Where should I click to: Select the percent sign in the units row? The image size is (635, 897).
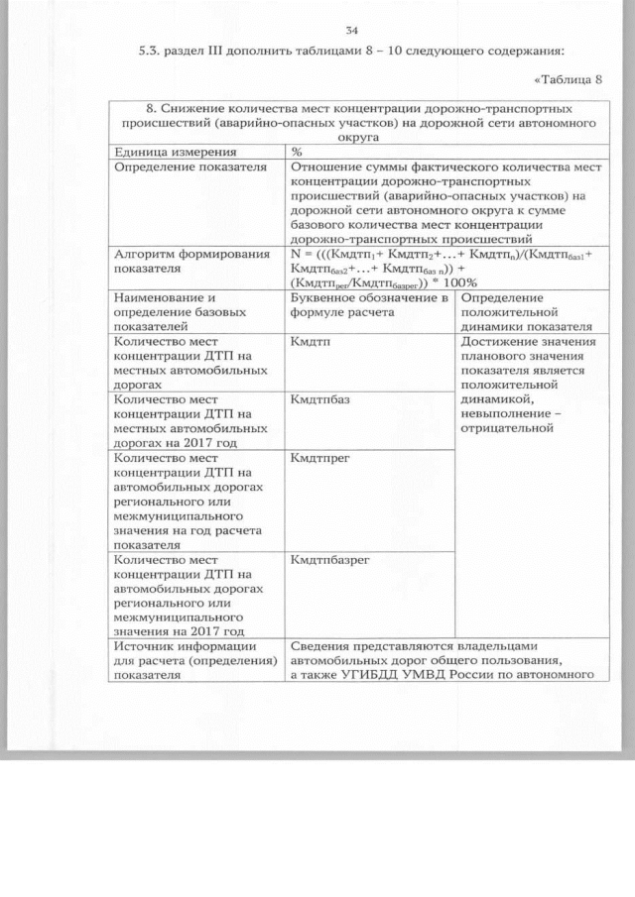tap(298, 153)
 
